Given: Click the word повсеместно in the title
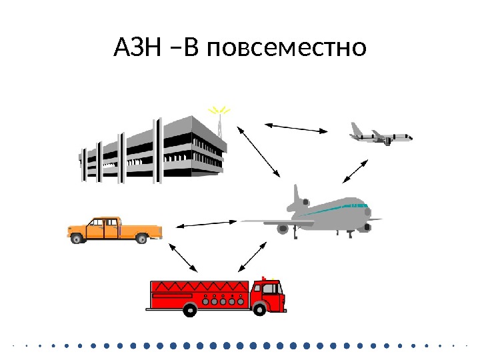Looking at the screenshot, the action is pyautogui.click(x=287, y=49).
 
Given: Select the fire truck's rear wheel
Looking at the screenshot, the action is pyautogui.click(x=191, y=309).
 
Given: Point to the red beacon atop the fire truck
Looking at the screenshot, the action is pyautogui.click(x=264, y=278).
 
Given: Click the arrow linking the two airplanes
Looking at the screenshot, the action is pyautogui.click(x=355, y=171).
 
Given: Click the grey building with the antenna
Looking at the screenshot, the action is pyautogui.click(x=153, y=150).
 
